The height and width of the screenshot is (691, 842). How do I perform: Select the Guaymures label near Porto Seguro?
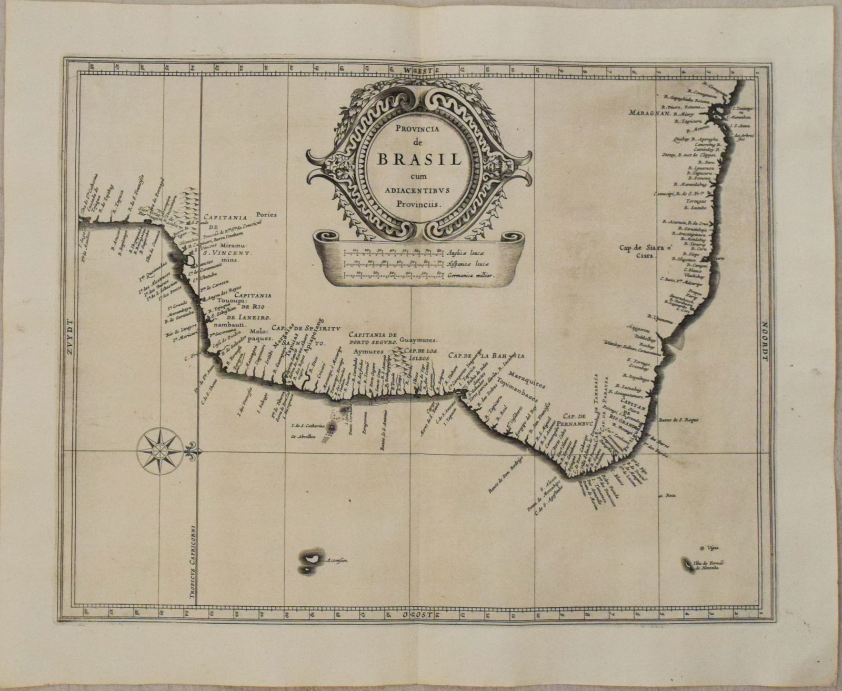coord(418,341)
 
